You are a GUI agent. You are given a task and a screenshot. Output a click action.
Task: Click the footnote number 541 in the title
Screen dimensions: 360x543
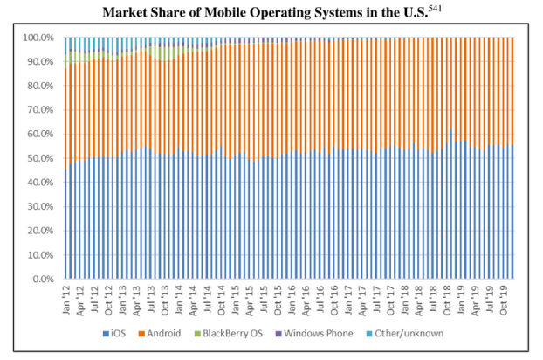pos(442,9)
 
